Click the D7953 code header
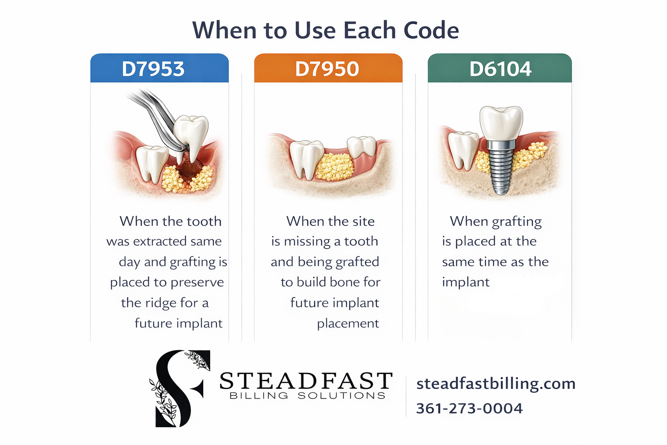coord(153,69)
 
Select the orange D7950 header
coord(327,69)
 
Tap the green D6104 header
coord(500,69)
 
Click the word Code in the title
coord(431,30)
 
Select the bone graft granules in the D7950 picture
coord(335,166)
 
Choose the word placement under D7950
coord(348,323)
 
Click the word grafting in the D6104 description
coord(517,222)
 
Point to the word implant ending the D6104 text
coord(466,282)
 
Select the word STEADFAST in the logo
coord(306,381)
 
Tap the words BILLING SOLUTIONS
coord(307,396)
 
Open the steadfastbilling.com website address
coord(496,384)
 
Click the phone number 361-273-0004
coord(469,408)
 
